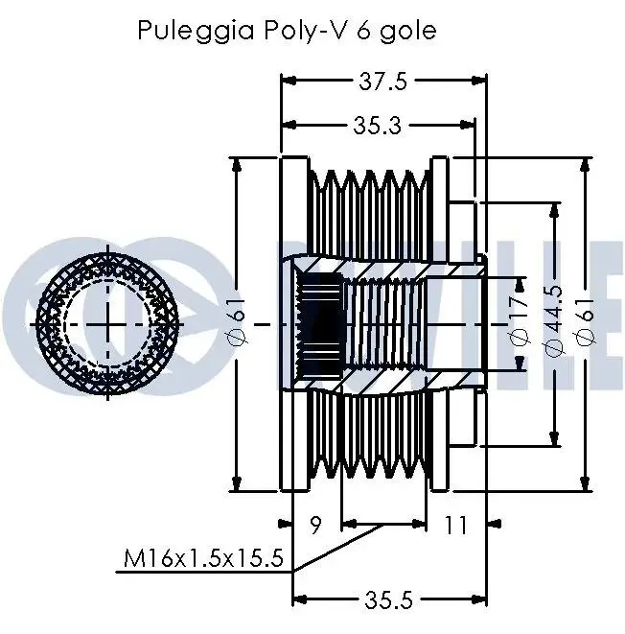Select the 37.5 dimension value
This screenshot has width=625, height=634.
[x=382, y=82]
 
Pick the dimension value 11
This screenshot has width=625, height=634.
[x=456, y=525]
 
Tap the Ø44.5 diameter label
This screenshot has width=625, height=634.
[x=554, y=322]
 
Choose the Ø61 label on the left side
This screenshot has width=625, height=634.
[x=239, y=322]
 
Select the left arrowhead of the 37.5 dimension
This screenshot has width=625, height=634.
[x=285, y=82]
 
